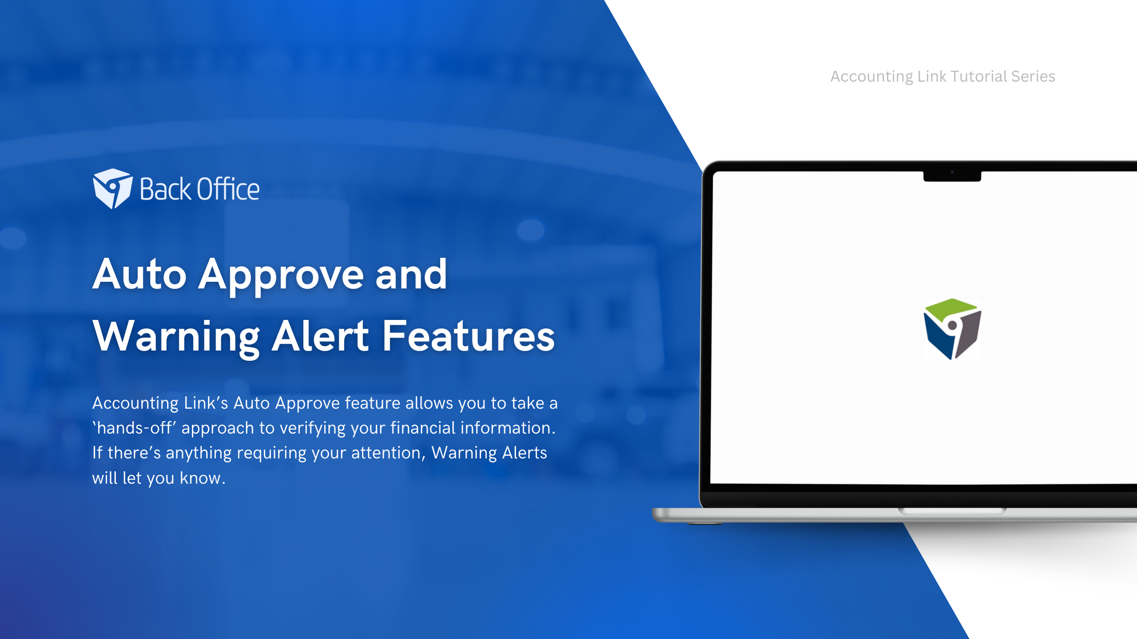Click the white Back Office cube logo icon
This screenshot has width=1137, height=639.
113,189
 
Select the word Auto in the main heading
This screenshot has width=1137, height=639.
140,274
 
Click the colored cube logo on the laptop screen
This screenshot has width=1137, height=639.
952,329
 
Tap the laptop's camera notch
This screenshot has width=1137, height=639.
952,176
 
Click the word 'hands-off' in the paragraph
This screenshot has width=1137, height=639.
134,428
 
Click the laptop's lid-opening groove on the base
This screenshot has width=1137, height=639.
952,511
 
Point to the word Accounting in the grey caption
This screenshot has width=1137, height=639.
871,77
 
